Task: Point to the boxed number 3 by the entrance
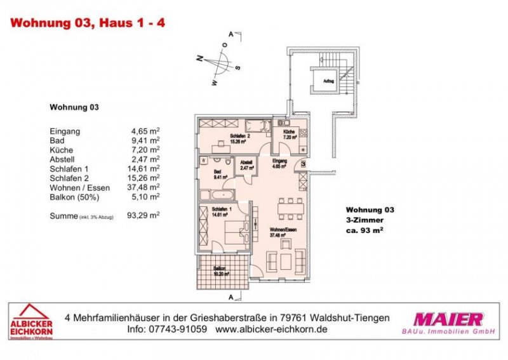tap(304, 163)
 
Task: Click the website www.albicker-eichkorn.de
tap(271, 331)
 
